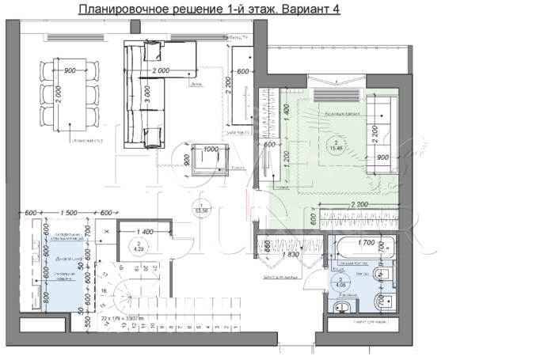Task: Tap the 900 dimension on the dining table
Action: pyautogui.click(x=70, y=70)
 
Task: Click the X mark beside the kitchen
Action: pyautogui.click(x=106, y=232)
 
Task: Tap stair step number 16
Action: pyautogui.click(x=102, y=291)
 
